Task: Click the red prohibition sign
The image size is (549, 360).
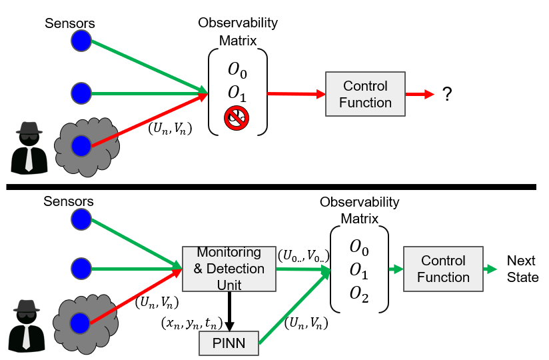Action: pyautogui.click(x=237, y=118)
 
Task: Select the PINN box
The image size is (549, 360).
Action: pyautogui.click(x=229, y=343)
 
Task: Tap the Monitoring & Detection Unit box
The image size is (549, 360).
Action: pyautogui.click(x=229, y=269)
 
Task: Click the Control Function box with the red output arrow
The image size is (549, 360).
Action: pyautogui.click(x=365, y=94)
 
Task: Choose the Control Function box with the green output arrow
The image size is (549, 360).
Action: pyautogui.click(x=443, y=269)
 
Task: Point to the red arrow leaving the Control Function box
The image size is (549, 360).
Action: pyautogui.click(x=420, y=94)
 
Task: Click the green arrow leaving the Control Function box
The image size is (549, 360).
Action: pyautogui.click(x=491, y=269)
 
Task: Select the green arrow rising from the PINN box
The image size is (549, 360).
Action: pyautogui.click(x=293, y=307)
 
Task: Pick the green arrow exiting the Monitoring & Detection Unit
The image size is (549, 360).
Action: pyautogui.click(x=303, y=269)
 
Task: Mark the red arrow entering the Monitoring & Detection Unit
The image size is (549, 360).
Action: pyautogui.click(x=136, y=297)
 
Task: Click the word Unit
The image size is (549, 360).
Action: pyautogui.click(x=229, y=285)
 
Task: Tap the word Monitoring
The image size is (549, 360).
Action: pyautogui.click(x=229, y=253)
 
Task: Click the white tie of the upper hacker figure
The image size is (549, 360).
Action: pyautogui.click(x=29, y=159)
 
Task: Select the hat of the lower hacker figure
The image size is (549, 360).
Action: pyautogui.click(x=27, y=306)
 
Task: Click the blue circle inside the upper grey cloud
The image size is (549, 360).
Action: pyautogui.click(x=81, y=145)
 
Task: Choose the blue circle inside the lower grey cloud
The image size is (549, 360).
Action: pyautogui.click(x=81, y=323)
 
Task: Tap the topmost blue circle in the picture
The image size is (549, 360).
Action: pyautogui.click(x=81, y=41)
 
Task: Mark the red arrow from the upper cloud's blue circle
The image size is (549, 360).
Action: pyautogui.click(x=147, y=120)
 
